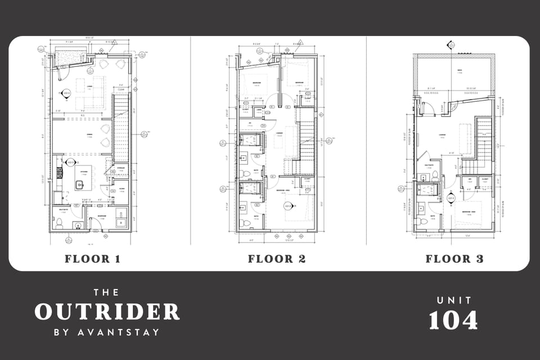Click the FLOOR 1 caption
[92, 259]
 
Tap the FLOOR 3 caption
[454, 259]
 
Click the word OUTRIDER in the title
[107, 312]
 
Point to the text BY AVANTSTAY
[107, 332]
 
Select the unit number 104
[453, 321]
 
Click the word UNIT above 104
[453, 301]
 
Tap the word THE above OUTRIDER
[107, 292]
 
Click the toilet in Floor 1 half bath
[59, 225]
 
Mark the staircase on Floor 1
[121, 129]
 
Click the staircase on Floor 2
[306, 141]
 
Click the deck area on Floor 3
[454, 73]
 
